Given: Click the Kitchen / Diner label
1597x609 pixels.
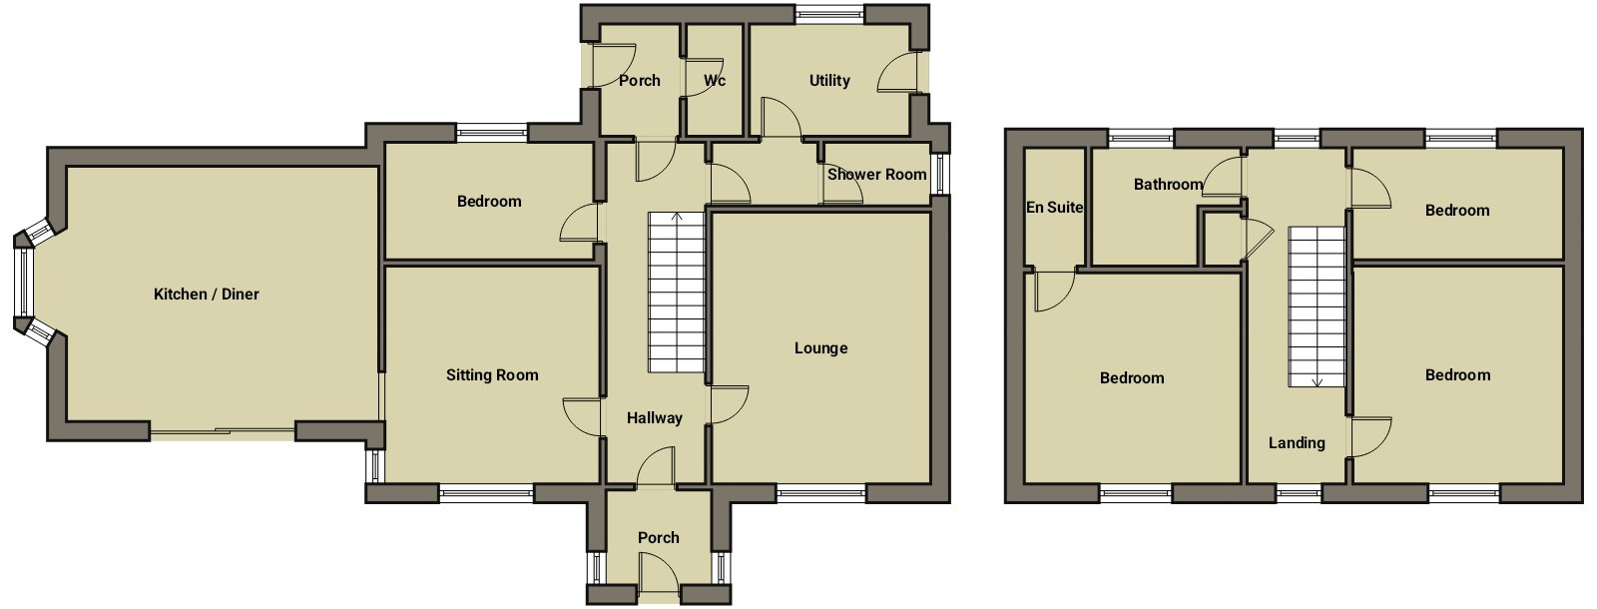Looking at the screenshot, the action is [x=206, y=294].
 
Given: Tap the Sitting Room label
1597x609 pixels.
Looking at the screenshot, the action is [x=492, y=375].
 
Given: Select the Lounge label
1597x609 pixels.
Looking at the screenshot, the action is [x=820, y=348].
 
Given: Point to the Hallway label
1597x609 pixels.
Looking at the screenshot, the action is [x=655, y=418].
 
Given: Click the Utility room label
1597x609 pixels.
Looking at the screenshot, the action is [x=829, y=81].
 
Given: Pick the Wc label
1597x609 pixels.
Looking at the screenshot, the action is [x=715, y=81].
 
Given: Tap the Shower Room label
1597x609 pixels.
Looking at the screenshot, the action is [x=877, y=174].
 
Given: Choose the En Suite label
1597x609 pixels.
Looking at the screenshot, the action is [x=1054, y=207].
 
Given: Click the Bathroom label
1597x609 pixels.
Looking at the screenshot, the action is [x=1169, y=184].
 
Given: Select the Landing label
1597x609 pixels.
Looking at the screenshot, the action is [x=1297, y=443].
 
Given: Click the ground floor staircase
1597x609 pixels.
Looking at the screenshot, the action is [x=676, y=293].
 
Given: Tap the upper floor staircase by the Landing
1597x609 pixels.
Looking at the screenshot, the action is [x=1317, y=306].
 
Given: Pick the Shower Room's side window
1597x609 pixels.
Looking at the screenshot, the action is [x=940, y=174].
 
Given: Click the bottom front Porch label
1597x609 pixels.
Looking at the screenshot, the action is [x=658, y=538].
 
